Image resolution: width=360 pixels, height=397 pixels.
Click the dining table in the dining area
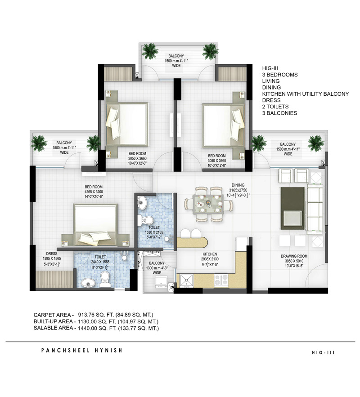(x=209, y=204)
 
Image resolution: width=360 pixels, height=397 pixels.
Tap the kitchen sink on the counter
(x=186, y=281)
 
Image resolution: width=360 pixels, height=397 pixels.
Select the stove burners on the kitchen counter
(x=221, y=281)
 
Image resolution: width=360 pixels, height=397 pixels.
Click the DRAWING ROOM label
(x=294, y=256)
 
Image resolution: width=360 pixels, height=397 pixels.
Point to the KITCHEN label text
(x=210, y=254)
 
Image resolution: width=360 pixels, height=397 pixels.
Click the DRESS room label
(x=52, y=254)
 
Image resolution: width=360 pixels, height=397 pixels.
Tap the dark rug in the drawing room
(x=292, y=208)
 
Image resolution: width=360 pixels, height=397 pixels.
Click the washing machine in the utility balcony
(x=161, y=282)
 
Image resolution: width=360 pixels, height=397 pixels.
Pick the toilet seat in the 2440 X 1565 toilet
(x=104, y=279)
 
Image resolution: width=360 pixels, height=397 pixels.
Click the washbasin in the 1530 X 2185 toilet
(x=142, y=202)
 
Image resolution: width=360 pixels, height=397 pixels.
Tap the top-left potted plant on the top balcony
(x=150, y=51)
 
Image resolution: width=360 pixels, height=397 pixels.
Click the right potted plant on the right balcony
(x=315, y=143)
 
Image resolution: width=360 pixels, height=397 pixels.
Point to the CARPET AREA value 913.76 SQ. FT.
(x=96, y=315)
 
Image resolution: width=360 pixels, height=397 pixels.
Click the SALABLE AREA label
(x=54, y=328)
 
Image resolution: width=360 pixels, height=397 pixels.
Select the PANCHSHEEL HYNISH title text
(x=81, y=350)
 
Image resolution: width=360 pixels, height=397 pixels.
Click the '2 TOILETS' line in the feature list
(x=275, y=107)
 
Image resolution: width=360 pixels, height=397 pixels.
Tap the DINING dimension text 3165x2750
(x=238, y=190)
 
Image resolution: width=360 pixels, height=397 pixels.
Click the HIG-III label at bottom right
(x=323, y=352)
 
